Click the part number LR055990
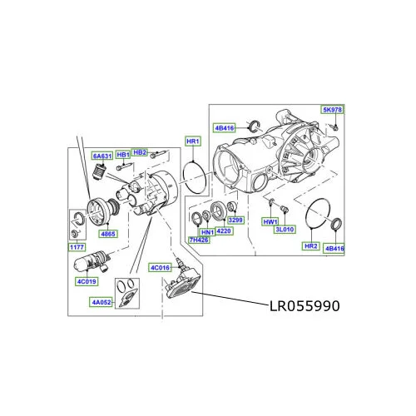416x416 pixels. [x=305, y=306]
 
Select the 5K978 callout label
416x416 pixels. [x=332, y=110]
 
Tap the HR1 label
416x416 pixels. [x=193, y=141]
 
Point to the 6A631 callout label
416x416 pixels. [x=102, y=156]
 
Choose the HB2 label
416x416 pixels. [x=140, y=152]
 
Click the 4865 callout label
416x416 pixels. [x=108, y=234]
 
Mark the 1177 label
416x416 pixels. [x=77, y=247]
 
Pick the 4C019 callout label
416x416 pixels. [x=87, y=281]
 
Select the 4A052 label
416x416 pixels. [x=102, y=302]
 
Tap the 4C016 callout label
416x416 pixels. [x=160, y=268]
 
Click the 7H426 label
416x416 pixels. [x=199, y=240]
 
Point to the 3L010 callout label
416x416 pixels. [x=285, y=230]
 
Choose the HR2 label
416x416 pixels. [x=311, y=246]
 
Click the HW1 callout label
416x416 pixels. [x=270, y=222]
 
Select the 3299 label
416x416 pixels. [x=235, y=220]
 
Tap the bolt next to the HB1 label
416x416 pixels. [x=124, y=167]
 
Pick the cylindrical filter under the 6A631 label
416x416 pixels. [x=98, y=172]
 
